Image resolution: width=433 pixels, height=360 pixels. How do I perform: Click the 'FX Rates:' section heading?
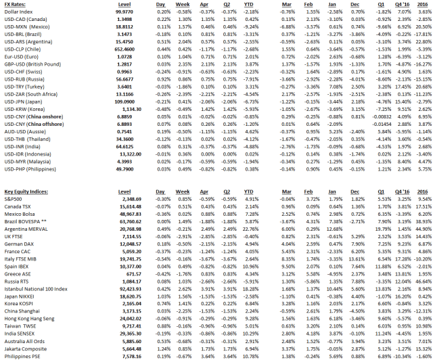click(14, 4)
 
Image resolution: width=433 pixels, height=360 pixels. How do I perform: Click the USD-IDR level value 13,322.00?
click(121, 154)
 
